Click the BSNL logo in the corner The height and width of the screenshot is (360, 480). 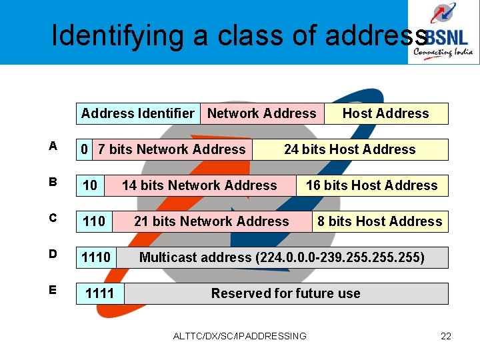pyautogui.click(x=443, y=32)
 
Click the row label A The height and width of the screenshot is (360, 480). pyautogui.click(x=53, y=145)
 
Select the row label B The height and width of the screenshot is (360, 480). pyautogui.click(x=53, y=181)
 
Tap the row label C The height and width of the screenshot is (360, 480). pyautogui.click(x=53, y=218)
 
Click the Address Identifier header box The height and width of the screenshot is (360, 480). pyautogui.click(x=138, y=113)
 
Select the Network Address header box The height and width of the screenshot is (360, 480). pyautogui.click(x=262, y=113)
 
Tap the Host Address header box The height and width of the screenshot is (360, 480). pyautogui.click(x=386, y=113)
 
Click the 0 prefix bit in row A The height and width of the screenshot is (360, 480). pyautogui.click(x=84, y=149)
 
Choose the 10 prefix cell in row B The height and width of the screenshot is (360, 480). pyautogui.click(x=90, y=185)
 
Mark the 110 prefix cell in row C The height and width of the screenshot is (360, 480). pyautogui.click(x=94, y=221)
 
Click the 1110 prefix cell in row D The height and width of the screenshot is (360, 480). pyautogui.click(x=96, y=257)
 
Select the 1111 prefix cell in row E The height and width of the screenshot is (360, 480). pyautogui.click(x=100, y=293)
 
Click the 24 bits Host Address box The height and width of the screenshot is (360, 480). pyautogui.click(x=350, y=149)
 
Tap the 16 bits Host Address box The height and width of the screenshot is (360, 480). pyautogui.click(x=372, y=185)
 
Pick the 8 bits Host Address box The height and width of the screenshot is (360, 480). pyautogui.click(x=380, y=221)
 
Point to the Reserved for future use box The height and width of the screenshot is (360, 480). pyautogui.click(x=286, y=293)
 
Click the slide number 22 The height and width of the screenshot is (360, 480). pyautogui.click(x=446, y=336)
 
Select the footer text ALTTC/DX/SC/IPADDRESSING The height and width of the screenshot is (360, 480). pyautogui.click(x=239, y=336)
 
